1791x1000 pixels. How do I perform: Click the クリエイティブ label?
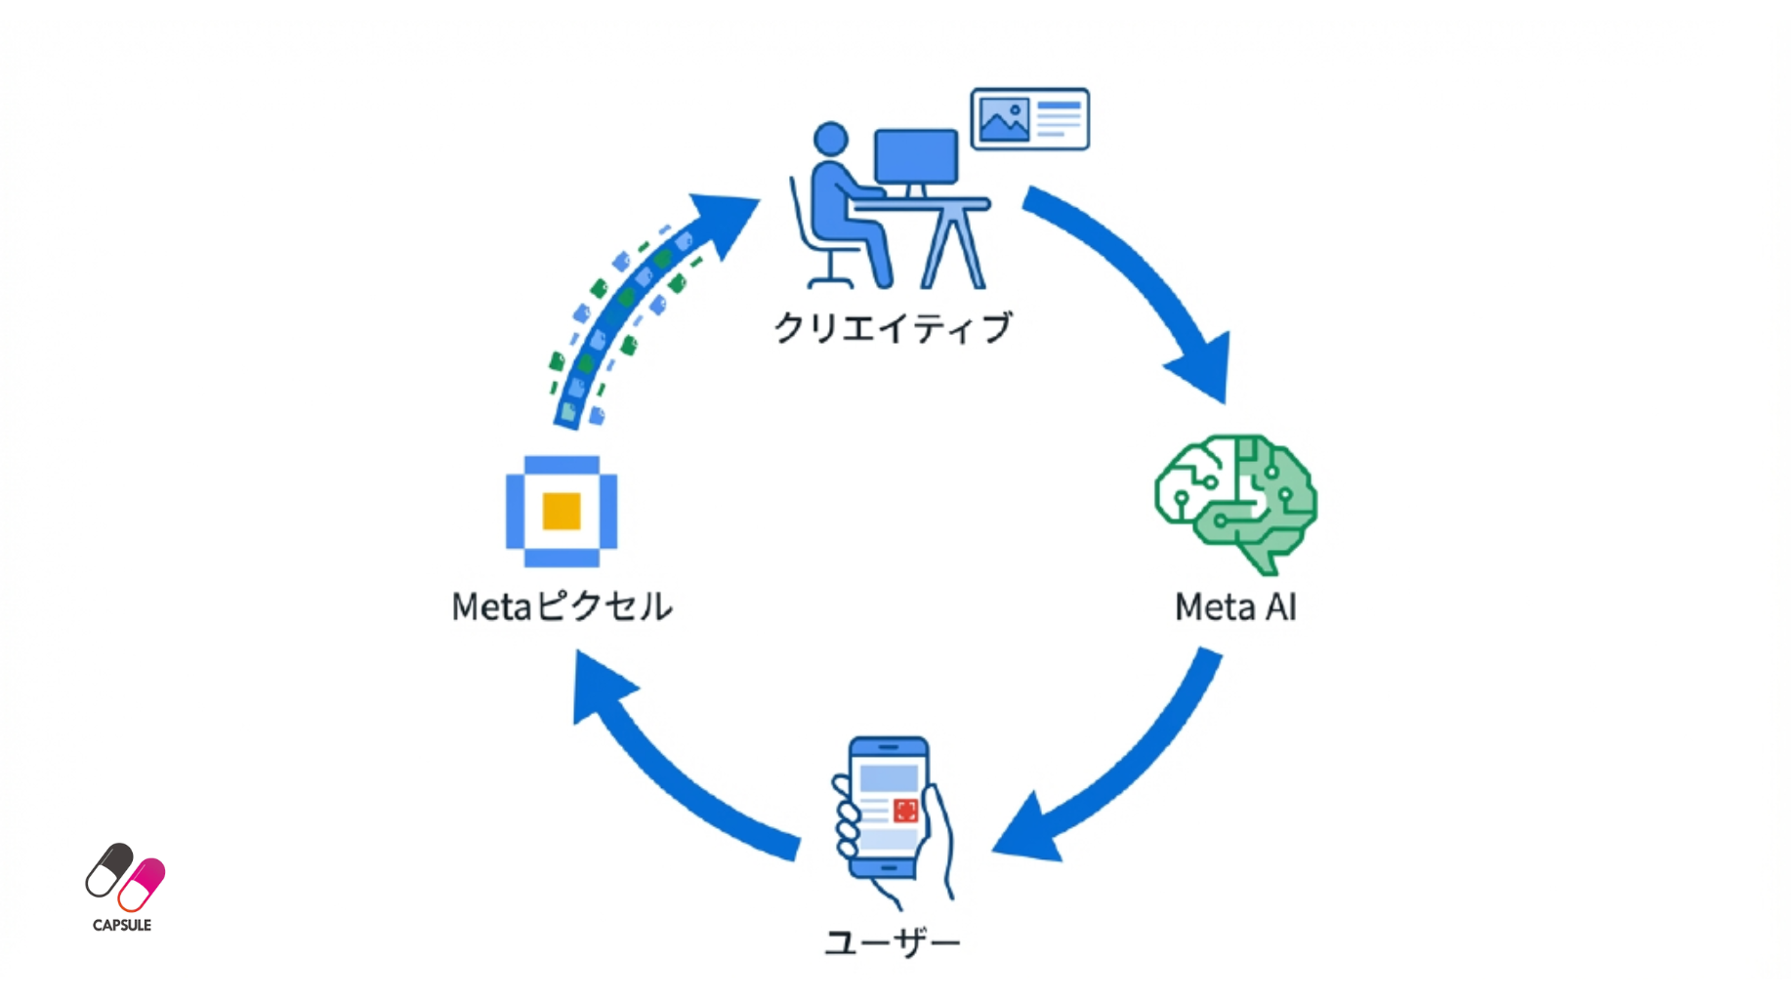(x=892, y=328)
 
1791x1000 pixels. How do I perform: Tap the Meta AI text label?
(x=1235, y=607)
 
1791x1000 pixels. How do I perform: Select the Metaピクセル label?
(x=562, y=606)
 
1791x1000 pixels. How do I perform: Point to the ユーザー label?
(x=893, y=942)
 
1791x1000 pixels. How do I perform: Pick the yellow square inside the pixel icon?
(x=562, y=511)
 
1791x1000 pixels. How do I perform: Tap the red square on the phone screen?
(x=905, y=811)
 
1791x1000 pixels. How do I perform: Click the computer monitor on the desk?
(x=916, y=156)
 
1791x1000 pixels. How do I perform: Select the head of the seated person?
(x=831, y=139)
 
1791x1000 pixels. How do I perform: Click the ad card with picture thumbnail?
(x=1029, y=119)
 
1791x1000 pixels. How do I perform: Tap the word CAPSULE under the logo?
(x=122, y=925)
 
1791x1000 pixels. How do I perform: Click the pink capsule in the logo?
(x=143, y=884)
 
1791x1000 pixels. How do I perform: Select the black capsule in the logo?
(x=108, y=869)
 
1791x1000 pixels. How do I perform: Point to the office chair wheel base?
(x=829, y=281)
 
